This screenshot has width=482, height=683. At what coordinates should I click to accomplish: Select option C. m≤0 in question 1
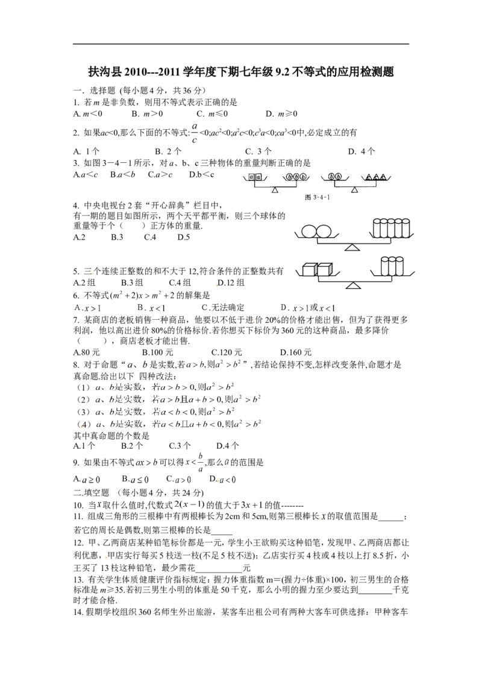212,114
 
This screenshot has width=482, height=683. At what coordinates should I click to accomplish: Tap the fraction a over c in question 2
195,133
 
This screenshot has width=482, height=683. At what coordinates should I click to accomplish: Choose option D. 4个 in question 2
361,151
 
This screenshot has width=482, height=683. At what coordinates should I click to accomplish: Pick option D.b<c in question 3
201,174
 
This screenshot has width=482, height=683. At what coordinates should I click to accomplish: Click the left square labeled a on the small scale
251,178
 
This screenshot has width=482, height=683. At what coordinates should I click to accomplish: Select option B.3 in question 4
117,237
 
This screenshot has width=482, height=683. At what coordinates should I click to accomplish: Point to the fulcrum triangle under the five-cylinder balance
352,247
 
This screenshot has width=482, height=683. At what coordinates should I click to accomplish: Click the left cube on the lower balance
309,270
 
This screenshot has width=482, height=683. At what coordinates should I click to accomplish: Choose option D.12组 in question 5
231,283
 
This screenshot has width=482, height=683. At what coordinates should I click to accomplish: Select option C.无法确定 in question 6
223,308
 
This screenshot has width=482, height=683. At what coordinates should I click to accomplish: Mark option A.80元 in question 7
86,352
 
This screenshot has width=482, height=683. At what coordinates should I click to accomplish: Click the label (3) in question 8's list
83,412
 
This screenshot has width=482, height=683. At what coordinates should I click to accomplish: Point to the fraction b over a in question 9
200,463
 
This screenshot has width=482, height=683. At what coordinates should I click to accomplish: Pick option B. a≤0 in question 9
136,480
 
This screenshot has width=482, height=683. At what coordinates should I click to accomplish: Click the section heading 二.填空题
92,493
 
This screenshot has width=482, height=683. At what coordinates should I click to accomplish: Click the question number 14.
78,612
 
